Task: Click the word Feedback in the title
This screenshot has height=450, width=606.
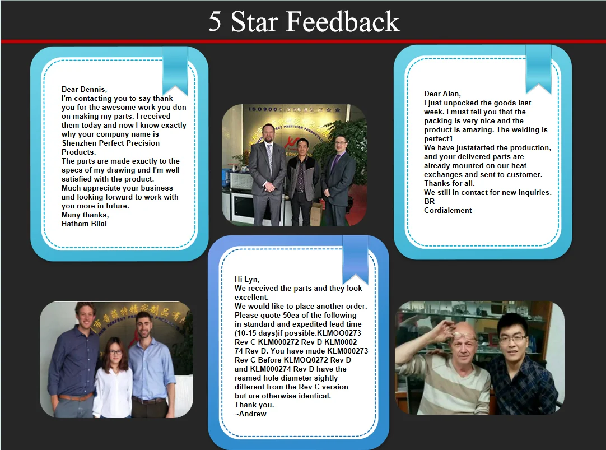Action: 342,22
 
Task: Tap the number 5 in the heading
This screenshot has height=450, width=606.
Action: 215,22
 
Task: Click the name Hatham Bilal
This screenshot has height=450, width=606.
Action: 84,224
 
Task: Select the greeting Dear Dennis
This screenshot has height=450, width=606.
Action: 84,90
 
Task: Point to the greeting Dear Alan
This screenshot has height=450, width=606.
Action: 442,94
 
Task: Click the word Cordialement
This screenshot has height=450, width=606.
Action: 447,210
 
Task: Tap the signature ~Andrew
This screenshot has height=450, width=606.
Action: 250,414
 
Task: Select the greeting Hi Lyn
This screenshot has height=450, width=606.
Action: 247,280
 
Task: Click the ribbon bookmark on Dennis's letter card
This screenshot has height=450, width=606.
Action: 175,70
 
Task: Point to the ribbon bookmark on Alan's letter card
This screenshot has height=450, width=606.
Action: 538,68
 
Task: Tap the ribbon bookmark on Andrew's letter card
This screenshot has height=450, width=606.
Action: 355,260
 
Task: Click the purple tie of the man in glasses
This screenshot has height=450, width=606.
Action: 334,163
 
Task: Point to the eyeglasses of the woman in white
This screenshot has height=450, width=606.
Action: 115,352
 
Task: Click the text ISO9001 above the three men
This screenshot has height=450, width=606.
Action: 264,109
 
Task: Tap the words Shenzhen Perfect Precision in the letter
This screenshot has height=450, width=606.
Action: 110,143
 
